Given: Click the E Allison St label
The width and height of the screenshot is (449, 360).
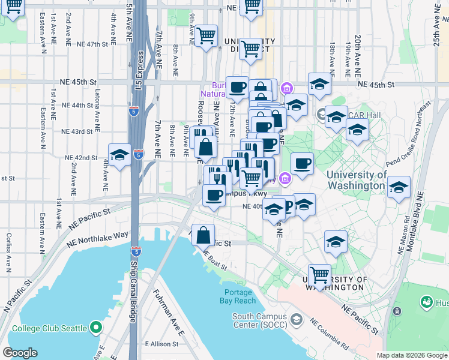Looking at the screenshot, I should pyautogui.click(x=161, y=344).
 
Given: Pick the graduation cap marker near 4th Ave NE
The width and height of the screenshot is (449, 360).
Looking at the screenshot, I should pyautogui.click(x=119, y=155).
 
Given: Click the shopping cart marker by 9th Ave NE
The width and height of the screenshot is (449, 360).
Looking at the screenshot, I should pyautogui.click(x=205, y=37).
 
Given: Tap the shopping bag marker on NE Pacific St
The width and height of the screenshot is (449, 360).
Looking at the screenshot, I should pyautogui.click(x=203, y=235).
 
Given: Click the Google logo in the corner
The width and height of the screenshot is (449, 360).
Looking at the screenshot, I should pyautogui.click(x=20, y=352).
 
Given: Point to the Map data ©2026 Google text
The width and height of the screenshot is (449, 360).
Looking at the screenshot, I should pyautogui.click(x=411, y=355).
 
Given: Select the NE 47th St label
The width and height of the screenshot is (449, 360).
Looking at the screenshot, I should pyautogui.click(x=92, y=44).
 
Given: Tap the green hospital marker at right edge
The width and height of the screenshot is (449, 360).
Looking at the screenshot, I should pyautogui.click(x=427, y=302).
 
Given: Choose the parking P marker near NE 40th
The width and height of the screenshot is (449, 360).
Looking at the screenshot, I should pyautogui.click(x=286, y=206).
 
